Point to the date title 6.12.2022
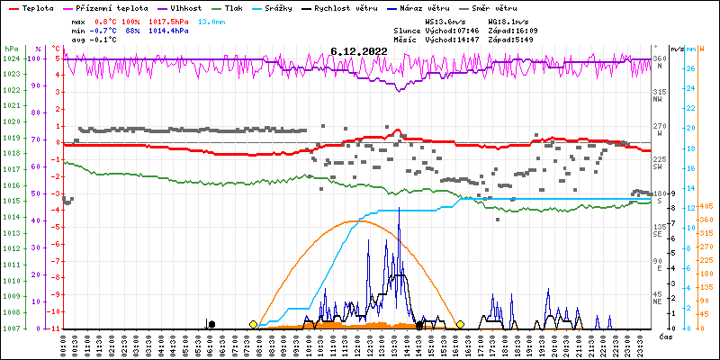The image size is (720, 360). pos(359,52)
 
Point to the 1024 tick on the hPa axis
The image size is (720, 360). pos(11,59)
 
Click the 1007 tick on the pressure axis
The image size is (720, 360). pos(11,328)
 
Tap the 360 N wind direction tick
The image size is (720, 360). pos(659,59)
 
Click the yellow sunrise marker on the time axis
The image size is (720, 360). pos(254,324)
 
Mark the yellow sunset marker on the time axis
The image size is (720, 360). pos(460,324)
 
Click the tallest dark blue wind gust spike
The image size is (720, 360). pos(399,209)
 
